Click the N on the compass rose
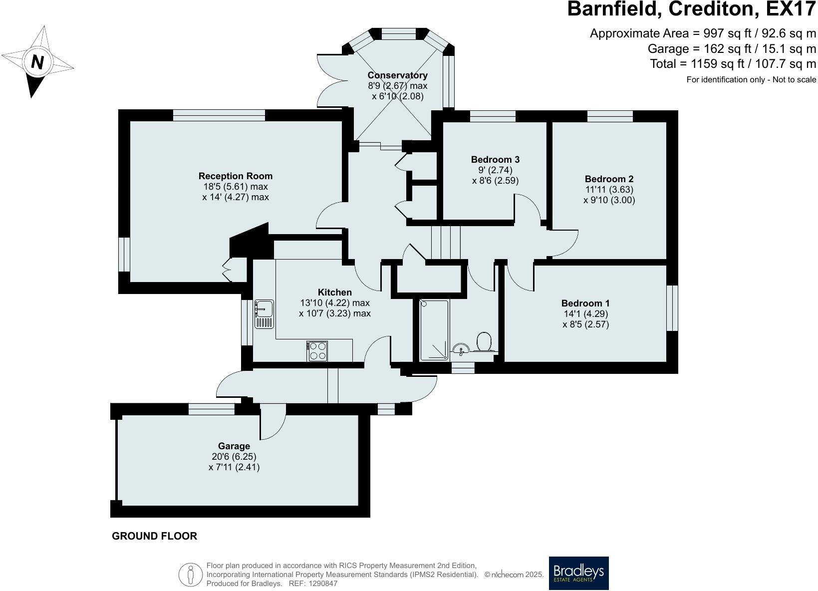pyautogui.click(x=37, y=62)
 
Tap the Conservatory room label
pyautogui.click(x=397, y=75)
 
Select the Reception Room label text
pyautogui.click(x=236, y=176)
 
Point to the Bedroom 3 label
pyautogui.click(x=495, y=159)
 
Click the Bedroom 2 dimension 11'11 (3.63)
pyautogui.click(x=609, y=189)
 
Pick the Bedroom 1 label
pyautogui.click(x=585, y=303)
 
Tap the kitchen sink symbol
pyautogui.click(x=264, y=314)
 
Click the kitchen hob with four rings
pyautogui.click(x=317, y=351)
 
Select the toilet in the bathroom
pyautogui.click(x=484, y=341)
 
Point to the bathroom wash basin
pyautogui.click(x=461, y=348)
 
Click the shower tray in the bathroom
pyautogui.click(x=434, y=330)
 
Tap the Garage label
pyautogui.click(x=234, y=446)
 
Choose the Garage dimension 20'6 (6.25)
pyautogui.click(x=234, y=456)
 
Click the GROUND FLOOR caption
pyautogui.click(x=155, y=536)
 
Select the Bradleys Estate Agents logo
pyautogui.click(x=579, y=573)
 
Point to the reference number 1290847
pyautogui.click(x=323, y=584)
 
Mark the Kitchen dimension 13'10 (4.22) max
pyautogui.click(x=335, y=303)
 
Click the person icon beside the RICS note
pyautogui.click(x=190, y=575)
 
